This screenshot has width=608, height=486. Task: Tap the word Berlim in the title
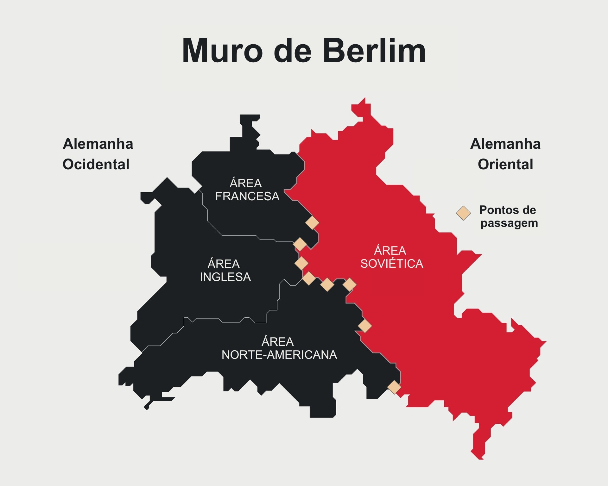pyautogui.click(x=374, y=51)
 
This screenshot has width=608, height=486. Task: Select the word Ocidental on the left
pyautogui.click(x=96, y=164)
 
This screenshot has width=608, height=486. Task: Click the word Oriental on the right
pyautogui.click(x=505, y=164)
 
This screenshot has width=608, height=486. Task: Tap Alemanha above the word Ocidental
pyautogui.click(x=98, y=144)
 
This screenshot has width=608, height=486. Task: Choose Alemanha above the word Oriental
pyautogui.click(x=505, y=144)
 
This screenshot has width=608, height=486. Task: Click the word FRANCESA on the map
pyautogui.click(x=247, y=196)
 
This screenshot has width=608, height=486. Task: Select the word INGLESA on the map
pyautogui.click(x=225, y=277)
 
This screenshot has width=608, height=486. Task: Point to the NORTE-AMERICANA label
pyautogui.click(x=279, y=355)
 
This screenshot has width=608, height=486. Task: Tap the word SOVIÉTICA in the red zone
pyautogui.click(x=392, y=264)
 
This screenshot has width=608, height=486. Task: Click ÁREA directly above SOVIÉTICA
pyautogui.click(x=390, y=251)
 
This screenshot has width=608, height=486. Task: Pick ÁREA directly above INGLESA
pyautogui.click(x=224, y=264)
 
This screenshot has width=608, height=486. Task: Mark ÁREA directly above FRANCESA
pyautogui.click(x=246, y=183)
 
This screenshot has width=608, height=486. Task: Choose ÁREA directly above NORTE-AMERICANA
pyautogui.click(x=278, y=342)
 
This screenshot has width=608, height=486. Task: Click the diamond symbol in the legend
pyautogui.click(x=463, y=213)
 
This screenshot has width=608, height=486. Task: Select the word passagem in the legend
pyautogui.click(x=509, y=223)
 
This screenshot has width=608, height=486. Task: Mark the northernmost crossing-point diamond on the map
pyautogui.click(x=312, y=223)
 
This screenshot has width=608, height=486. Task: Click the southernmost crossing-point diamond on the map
pyautogui.click(x=394, y=387)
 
